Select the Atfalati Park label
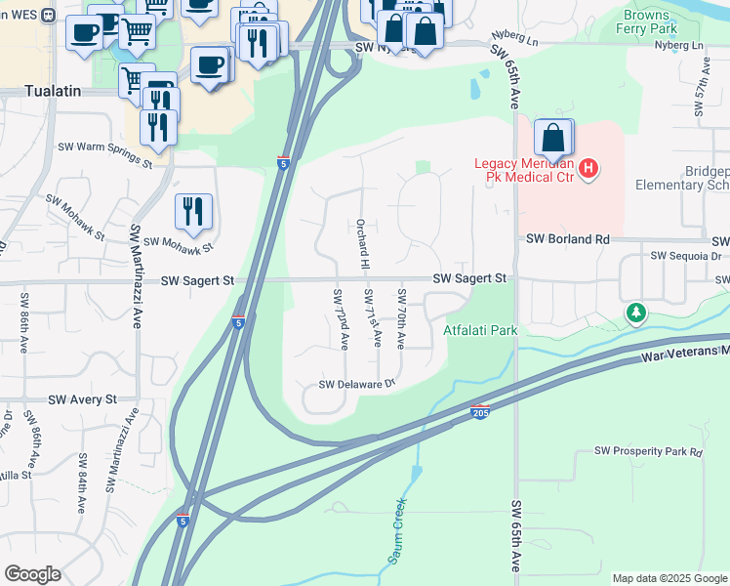pos(479,330)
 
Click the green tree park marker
pos(636,313)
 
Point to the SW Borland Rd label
pos(567,238)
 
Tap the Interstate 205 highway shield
pos(479,413)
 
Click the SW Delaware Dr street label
pos(356,385)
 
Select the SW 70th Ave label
pos(401,318)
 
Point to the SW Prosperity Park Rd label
pos(648,452)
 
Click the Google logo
pos(31,574)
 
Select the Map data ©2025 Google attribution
pos(669,578)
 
